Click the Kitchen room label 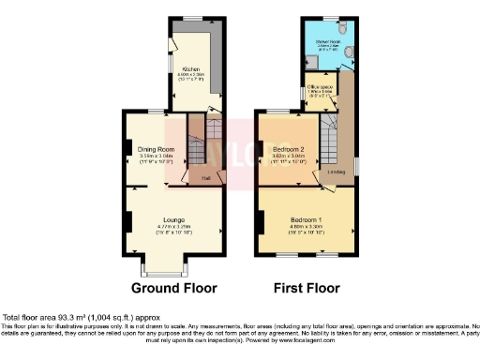tap(190, 69)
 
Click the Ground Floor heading tap(174, 288)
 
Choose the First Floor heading tap(306, 288)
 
